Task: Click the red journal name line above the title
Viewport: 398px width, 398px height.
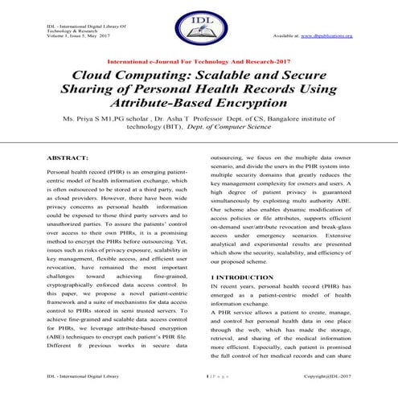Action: [x=198, y=61]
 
